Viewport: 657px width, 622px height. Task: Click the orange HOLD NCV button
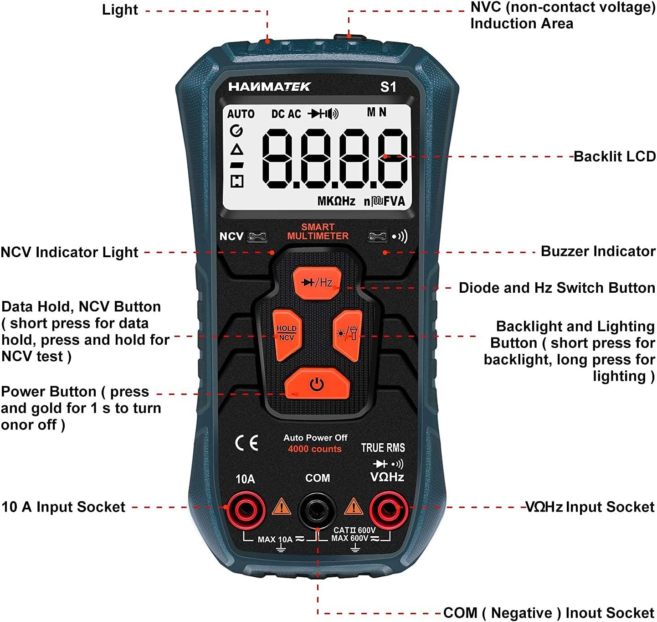[x=286, y=334]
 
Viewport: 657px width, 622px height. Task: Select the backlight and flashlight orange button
[x=348, y=334]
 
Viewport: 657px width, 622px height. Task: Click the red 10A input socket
[x=246, y=508]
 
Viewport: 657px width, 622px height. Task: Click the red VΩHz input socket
[x=388, y=508]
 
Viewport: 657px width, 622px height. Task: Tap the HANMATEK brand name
[x=269, y=87]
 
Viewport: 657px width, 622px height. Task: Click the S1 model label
[x=388, y=87]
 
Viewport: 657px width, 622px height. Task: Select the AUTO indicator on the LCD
[x=241, y=114]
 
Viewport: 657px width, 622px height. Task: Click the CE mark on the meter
[x=246, y=443]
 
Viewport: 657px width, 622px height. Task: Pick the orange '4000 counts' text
[x=314, y=449]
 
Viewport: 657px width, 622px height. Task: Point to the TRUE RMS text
[x=383, y=448]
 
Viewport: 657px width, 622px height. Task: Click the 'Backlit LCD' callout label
[x=614, y=156]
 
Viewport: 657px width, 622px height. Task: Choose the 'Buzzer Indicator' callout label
[x=598, y=251]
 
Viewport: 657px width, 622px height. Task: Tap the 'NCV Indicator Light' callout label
[x=69, y=252]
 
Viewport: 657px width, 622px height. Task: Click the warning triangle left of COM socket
[x=281, y=507]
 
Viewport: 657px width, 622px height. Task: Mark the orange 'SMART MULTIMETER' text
[x=318, y=232]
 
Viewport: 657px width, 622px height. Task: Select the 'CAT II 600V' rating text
[x=354, y=530]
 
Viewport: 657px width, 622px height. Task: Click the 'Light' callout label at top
[x=120, y=10]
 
